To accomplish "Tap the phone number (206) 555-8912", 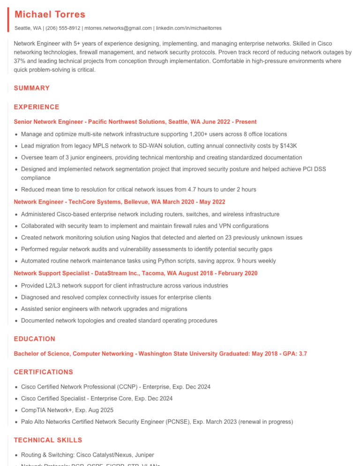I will coord(63,28).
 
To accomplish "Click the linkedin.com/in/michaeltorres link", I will coord(188,28).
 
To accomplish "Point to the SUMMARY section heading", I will coord(31,88).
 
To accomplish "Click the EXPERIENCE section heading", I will coord(37,107).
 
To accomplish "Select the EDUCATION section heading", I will coord(34,339).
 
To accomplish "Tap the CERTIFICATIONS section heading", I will coord(43,372).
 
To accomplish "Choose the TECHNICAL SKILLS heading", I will coord(48,440).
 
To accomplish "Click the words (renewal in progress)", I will coord(265,422).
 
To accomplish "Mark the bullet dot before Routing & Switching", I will coord(16,455).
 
